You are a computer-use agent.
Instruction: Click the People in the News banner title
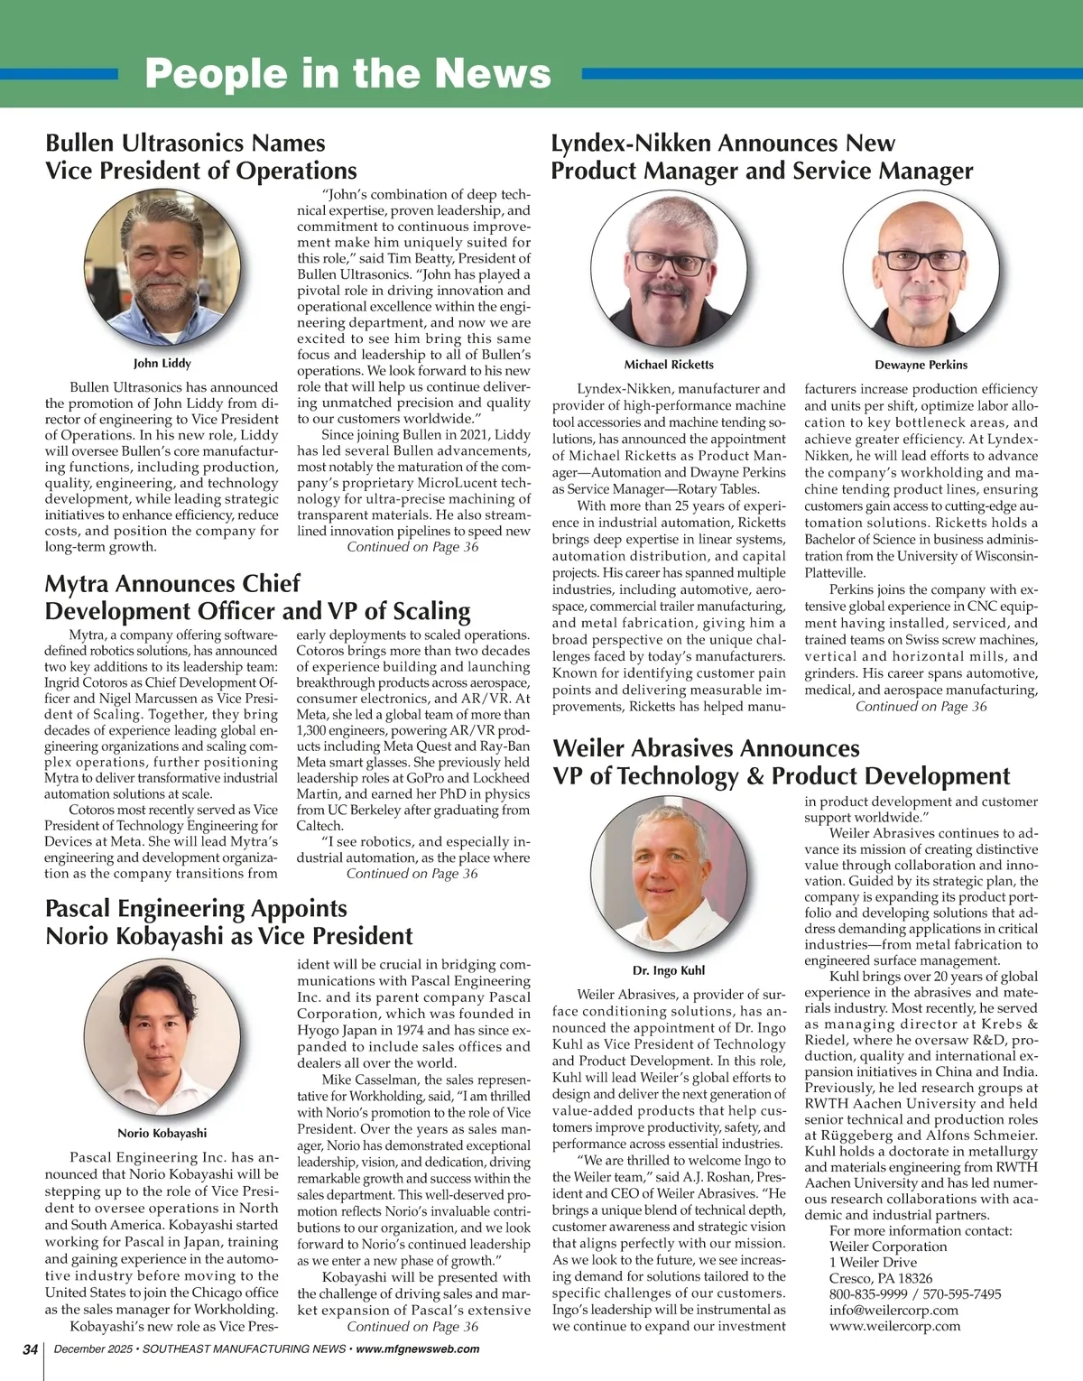pos(347,73)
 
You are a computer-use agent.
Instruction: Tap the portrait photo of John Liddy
pos(162,269)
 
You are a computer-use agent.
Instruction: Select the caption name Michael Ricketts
pos(669,365)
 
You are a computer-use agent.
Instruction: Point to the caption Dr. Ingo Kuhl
pos(669,970)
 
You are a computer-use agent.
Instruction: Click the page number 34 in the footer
pos(30,1349)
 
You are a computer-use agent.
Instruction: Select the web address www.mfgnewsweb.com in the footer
pos(418,1349)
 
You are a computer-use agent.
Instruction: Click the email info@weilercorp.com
pos(893,1310)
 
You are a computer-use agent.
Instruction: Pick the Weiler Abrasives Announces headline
pos(706,748)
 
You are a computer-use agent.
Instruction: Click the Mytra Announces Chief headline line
pos(172,583)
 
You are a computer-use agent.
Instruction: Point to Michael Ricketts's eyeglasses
pos(669,263)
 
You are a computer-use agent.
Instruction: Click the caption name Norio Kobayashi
pos(162,1133)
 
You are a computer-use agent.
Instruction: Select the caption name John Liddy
pos(162,363)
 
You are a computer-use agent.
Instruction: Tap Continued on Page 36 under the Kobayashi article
pos(412,1326)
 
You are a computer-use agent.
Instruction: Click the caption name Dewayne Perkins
pos(921,365)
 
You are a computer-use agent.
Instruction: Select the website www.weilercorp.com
pos(894,1326)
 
